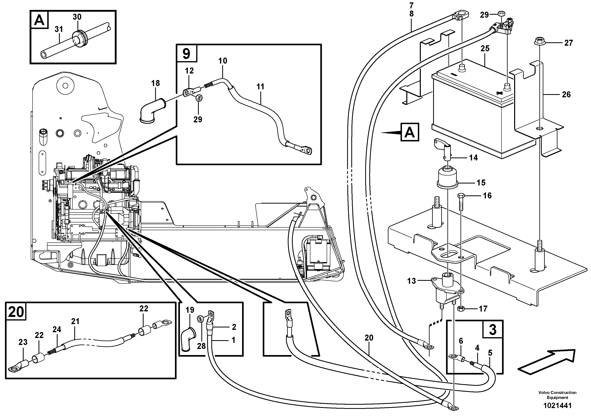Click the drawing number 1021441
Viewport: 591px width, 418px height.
pos(557,406)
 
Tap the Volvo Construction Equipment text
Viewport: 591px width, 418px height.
pos(557,395)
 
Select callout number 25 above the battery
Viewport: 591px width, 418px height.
pos(485,48)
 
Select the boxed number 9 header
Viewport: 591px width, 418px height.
pos(186,54)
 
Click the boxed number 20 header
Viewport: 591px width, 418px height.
pos(16,312)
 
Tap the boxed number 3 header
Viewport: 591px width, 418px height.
pos(492,329)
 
